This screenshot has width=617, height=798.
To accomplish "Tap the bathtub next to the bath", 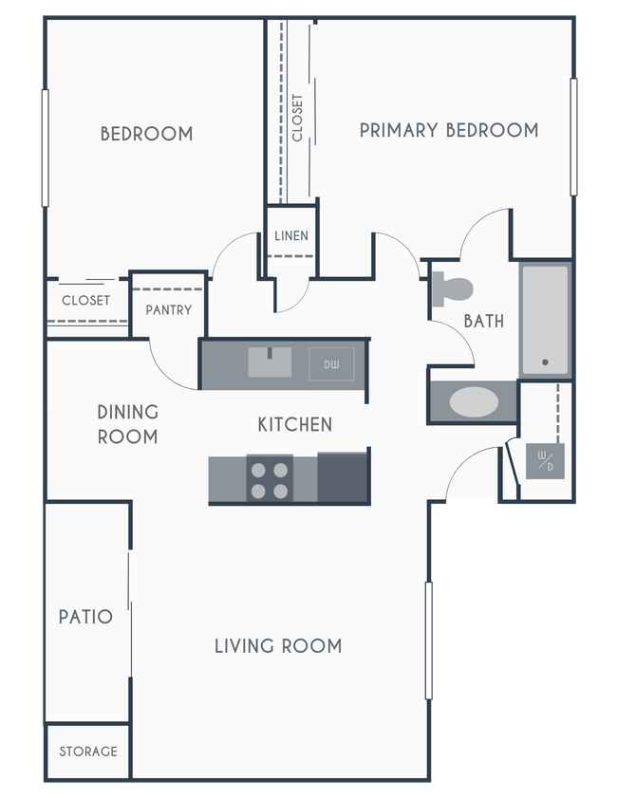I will pos(545,321).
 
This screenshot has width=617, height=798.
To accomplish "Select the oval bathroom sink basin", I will pos(473,401).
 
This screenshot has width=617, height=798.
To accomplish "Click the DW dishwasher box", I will pos(331,363).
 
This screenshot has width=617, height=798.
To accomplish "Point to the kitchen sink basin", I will pos(270,362).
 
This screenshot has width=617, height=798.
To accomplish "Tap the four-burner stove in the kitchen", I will pos(270,479).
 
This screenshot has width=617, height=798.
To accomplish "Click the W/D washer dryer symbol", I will pos(545,463).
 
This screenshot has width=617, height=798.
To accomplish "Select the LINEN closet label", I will pos(290,235).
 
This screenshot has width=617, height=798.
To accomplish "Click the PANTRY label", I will pos(169,309).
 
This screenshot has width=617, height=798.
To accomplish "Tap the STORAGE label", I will pos(88,752).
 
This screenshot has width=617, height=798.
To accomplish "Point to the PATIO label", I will pos(85,617).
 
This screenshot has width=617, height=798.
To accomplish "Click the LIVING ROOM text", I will pos(277,646).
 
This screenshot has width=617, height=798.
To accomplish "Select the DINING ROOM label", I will pos(128,424).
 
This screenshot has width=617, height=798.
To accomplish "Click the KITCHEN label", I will pos(295,424).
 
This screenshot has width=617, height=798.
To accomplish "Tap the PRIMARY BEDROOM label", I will pos(448,130).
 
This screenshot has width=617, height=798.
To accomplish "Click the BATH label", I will pos(484,321).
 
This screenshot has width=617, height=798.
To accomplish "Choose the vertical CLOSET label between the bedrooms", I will pos(298,117).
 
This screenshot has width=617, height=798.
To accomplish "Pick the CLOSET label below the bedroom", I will pos(85,301).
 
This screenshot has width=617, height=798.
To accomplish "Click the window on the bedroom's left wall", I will pos(44,147).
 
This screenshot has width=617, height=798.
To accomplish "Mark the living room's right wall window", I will pos(430,640).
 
